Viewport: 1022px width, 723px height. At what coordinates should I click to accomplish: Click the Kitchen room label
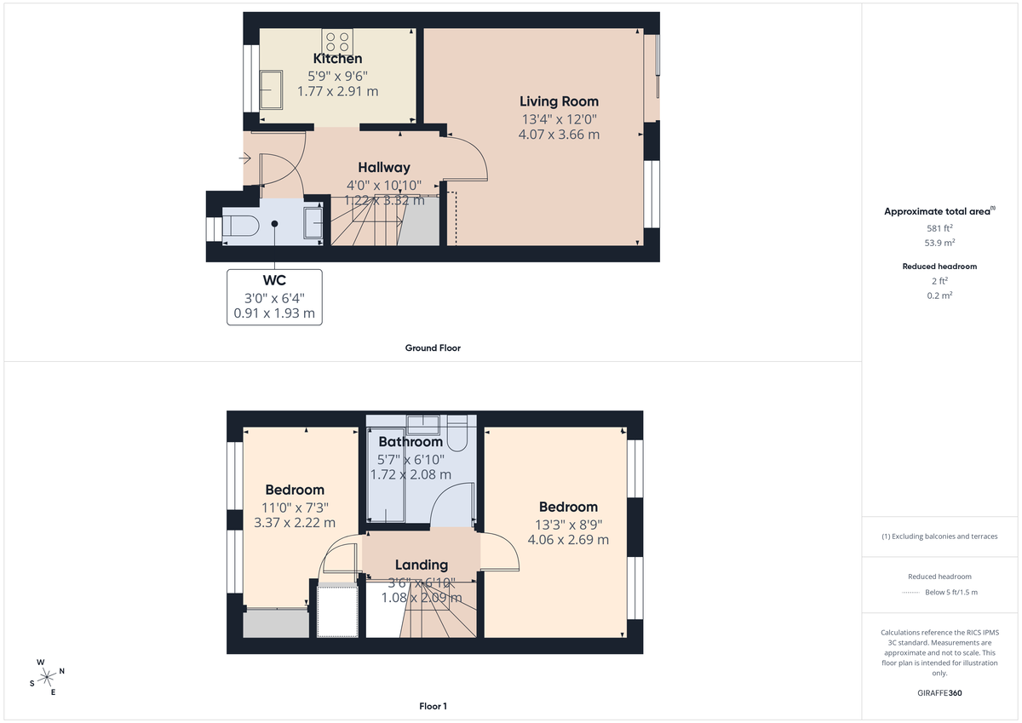click(x=338, y=59)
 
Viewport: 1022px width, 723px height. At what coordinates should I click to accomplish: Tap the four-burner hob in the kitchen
click(x=337, y=42)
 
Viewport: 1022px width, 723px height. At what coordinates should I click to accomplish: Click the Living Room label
click(x=559, y=101)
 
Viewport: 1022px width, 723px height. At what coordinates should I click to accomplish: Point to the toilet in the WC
click(x=242, y=227)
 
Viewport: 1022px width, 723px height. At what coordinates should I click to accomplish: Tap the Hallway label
click(x=384, y=168)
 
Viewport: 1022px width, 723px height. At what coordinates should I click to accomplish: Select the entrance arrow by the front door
click(x=245, y=158)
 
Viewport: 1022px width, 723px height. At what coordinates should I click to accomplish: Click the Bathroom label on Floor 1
click(x=411, y=442)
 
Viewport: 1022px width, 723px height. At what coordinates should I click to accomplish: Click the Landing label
click(x=422, y=565)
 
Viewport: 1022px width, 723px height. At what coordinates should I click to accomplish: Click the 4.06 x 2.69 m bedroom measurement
click(x=568, y=539)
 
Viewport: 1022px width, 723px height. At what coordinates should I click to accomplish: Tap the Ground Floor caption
click(x=433, y=347)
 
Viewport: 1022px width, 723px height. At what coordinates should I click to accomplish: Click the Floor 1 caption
click(x=433, y=706)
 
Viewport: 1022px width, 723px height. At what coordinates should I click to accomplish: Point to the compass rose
click(x=46, y=676)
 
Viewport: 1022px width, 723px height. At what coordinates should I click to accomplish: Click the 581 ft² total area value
click(x=940, y=228)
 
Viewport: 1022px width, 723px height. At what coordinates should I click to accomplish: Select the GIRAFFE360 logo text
click(x=940, y=693)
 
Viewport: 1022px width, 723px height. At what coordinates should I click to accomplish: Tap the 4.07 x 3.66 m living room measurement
click(x=559, y=134)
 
